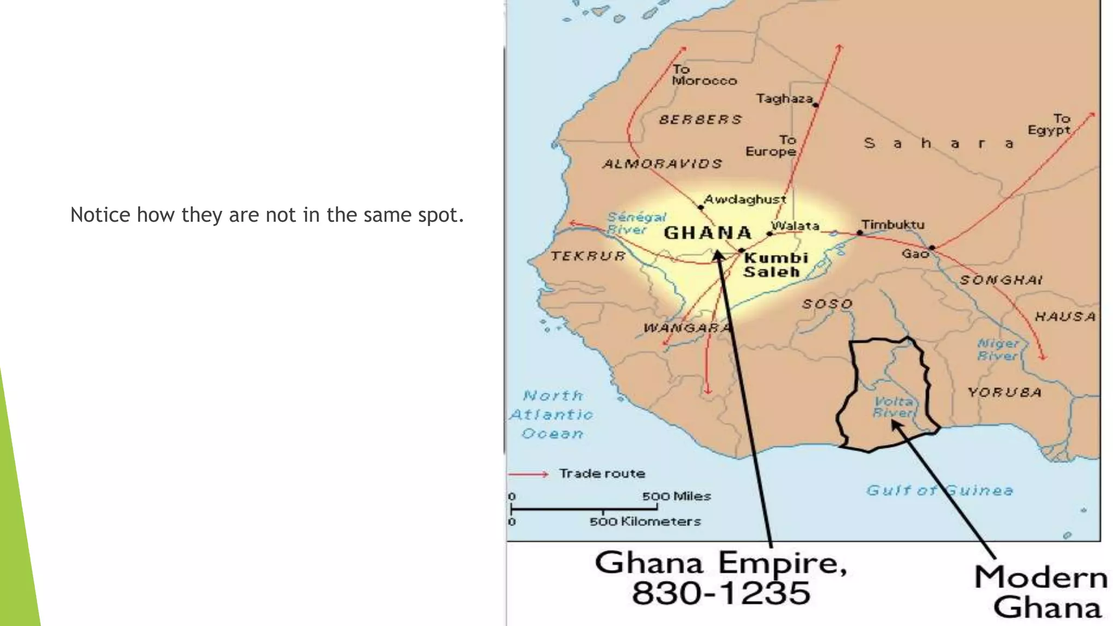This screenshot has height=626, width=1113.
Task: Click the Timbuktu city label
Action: click(x=892, y=224)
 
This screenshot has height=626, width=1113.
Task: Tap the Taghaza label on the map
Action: click(x=784, y=98)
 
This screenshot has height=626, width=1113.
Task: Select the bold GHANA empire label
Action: click(x=708, y=233)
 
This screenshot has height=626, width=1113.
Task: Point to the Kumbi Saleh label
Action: click(x=776, y=265)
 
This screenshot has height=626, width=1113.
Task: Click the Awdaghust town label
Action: click(x=745, y=199)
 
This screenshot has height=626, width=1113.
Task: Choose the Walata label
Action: click(x=795, y=226)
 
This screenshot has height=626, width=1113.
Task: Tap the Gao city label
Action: click(x=915, y=254)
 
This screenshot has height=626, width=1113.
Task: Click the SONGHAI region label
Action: click(x=1001, y=280)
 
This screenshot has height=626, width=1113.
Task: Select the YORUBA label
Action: click(x=1004, y=392)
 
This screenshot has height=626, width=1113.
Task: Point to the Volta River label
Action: click(x=893, y=407)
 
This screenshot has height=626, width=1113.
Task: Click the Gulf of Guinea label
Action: click(x=940, y=490)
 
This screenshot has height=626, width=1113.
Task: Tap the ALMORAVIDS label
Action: click(x=662, y=164)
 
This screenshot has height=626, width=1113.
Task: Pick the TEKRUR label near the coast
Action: click(x=588, y=256)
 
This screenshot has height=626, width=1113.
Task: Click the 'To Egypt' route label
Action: click(x=1049, y=124)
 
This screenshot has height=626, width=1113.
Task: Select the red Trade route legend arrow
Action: click(x=528, y=474)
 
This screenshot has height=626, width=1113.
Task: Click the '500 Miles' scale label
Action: click(x=676, y=496)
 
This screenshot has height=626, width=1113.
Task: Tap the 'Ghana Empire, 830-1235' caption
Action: click(x=721, y=578)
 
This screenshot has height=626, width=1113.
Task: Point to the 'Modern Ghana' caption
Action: click(x=1041, y=592)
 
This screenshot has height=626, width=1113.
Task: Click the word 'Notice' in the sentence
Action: click(x=101, y=215)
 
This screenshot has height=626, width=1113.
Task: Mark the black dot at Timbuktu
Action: click(x=860, y=233)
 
